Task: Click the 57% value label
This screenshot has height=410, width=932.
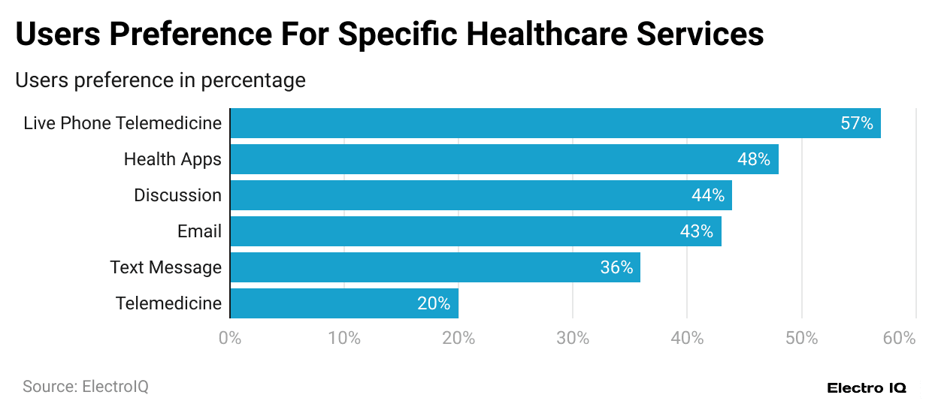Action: point(856,123)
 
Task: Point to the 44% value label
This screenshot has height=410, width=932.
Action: point(707,195)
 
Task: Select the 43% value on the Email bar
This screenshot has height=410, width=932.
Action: point(696,231)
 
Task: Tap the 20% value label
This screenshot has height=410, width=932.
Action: point(434,303)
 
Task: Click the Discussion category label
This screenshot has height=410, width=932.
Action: point(177,195)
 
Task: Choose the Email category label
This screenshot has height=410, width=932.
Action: point(199,231)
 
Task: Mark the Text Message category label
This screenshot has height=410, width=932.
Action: point(165,267)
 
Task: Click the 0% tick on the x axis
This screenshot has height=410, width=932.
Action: point(230,338)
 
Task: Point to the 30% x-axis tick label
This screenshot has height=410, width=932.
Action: point(573,338)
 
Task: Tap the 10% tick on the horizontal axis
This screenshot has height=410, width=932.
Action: point(344,338)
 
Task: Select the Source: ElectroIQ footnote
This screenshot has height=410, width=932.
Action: point(86,387)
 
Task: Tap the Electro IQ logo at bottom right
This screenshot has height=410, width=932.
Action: point(867,387)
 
